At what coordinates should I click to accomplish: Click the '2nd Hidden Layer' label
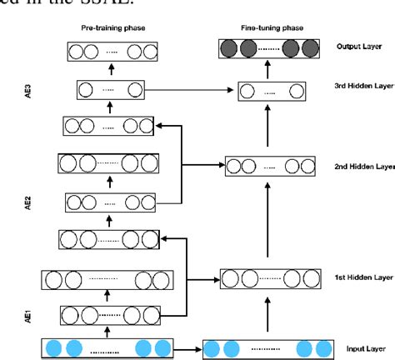pyautogui.click(x=361, y=166)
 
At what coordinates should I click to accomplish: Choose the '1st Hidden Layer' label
pyautogui.click(x=360, y=276)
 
